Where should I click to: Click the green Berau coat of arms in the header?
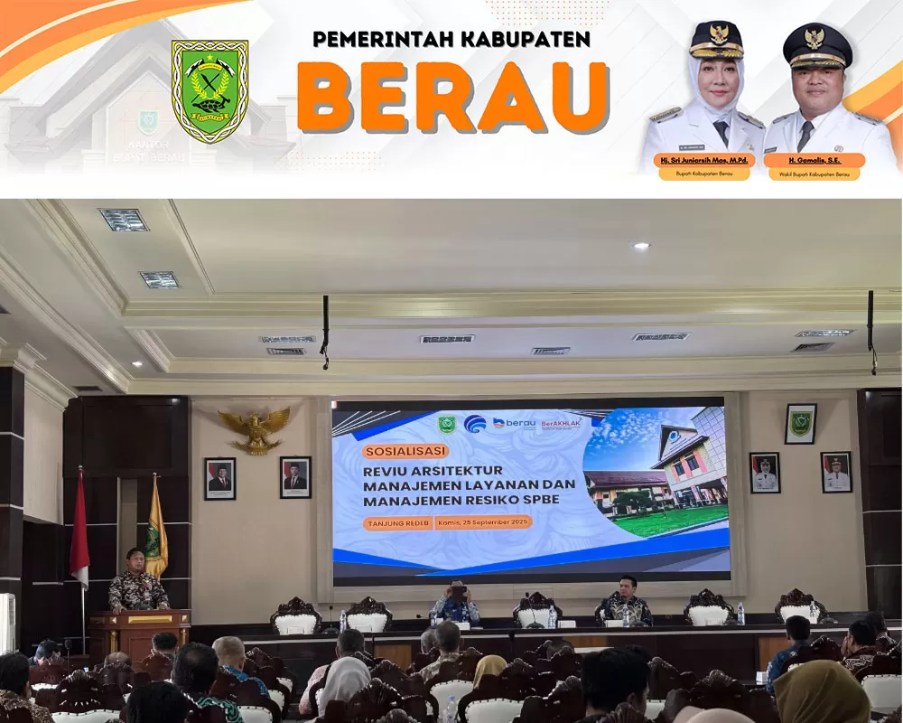[209, 90]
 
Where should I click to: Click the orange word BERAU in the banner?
[452, 98]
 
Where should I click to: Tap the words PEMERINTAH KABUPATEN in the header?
[451, 39]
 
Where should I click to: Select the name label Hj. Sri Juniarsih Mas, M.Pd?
[704, 160]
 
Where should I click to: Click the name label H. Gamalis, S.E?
[813, 160]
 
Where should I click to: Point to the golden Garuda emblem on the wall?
[255, 429]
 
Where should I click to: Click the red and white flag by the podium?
[79, 529]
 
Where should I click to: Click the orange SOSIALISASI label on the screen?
[405, 450]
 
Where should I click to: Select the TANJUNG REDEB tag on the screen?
[398, 523]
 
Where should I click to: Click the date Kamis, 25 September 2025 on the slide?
[483, 522]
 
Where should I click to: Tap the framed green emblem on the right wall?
[800, 423]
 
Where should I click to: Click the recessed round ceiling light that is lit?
[639, 246]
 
